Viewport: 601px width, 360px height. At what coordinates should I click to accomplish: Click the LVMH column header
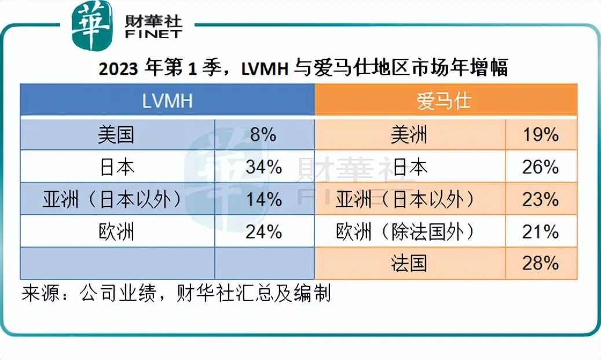pyautogui.click(x=167, y=101)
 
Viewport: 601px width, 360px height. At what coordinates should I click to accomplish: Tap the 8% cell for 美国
pyautogui.click(x=264, y=135)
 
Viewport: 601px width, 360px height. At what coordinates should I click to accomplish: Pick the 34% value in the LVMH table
pyautogui.click(x=264, y=167)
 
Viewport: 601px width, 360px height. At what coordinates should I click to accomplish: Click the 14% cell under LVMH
pyautogui.click(x=264, y=199)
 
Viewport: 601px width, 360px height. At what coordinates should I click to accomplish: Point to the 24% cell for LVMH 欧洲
pyautogui.click(x=264, y=232)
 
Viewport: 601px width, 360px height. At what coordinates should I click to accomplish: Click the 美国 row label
pyautogui.click(x=117, y=135)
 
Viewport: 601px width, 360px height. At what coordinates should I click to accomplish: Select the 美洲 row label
pyautogui.click(x=409, y=135)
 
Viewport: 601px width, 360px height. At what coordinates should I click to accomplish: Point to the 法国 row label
pyautogui.click(x=409, y=263)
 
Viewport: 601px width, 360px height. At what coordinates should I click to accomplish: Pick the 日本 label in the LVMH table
pyautogui.click(x=117, y=167)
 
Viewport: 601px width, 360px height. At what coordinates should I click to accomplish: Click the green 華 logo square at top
pyautogui.click(x=90, y=26)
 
